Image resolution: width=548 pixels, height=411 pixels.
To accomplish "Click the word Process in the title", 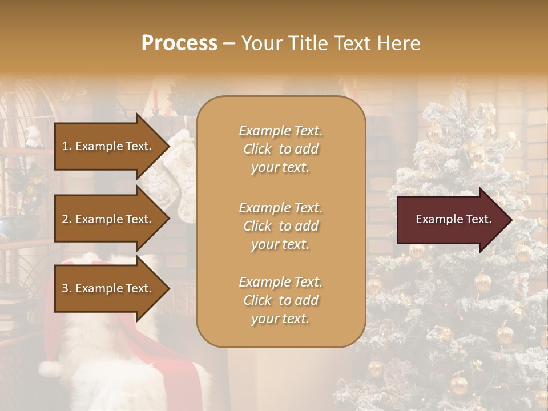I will point(179,43).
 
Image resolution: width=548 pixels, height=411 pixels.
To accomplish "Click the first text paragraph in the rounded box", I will point(280,149).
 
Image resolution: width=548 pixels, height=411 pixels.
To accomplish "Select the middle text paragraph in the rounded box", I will point(280,226).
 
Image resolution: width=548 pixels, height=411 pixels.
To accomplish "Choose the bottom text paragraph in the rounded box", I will point(280,300).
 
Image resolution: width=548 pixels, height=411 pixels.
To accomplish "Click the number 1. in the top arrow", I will point(67,146).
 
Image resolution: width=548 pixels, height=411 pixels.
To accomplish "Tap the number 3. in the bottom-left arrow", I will point(67,288).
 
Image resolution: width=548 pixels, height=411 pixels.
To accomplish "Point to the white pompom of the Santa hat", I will point(50,369).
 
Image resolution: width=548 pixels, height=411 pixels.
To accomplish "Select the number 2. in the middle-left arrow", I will point(67,219).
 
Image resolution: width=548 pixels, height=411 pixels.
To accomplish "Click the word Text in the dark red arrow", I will point(478,219).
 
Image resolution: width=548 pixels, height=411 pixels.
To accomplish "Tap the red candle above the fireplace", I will point(155,98).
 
